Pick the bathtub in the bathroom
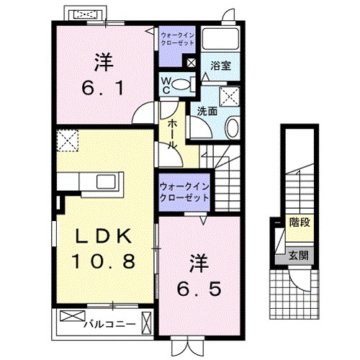(222, 39)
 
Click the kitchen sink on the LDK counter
(99, 181)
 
